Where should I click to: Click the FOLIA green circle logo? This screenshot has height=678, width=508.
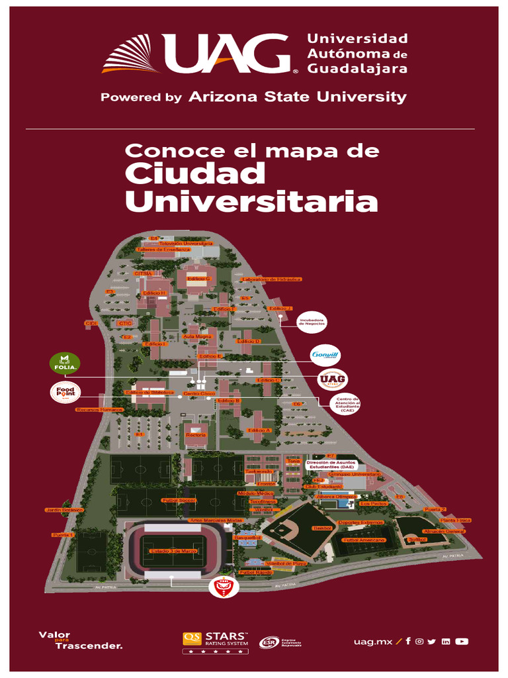point(65,363)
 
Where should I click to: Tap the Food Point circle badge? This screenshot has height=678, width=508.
point(65,392)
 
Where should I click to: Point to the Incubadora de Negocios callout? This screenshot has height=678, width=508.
point(312,322)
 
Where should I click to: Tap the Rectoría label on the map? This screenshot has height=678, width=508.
point(196,434)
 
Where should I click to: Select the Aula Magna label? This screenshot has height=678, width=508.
point(196,336)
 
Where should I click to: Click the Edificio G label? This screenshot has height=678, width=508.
point(198,279)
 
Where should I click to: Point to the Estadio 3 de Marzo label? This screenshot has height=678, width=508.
point(173,551)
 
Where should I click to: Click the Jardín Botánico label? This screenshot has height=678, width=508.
point(64,510)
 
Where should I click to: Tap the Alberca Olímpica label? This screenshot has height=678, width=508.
point(339,496)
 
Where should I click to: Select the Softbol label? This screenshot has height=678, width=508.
point(417,540)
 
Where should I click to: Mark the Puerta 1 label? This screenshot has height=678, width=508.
point(63,534)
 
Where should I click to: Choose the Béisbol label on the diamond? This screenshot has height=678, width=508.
point(322,528)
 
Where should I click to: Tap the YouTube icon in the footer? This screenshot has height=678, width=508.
point(462,641)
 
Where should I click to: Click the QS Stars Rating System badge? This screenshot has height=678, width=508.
point(216,640)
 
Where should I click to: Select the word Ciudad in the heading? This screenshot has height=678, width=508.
point(195,174)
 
